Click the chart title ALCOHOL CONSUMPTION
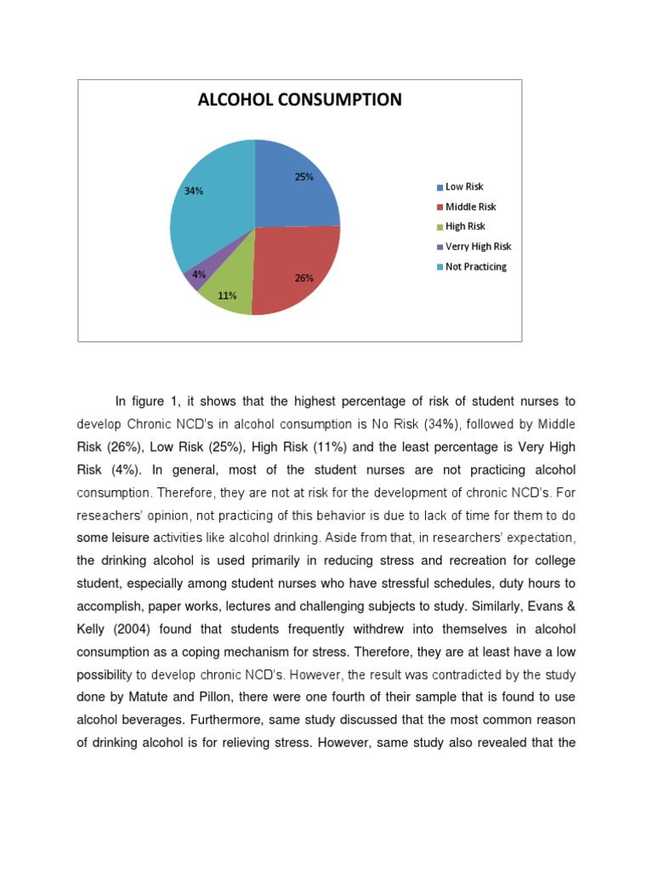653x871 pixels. point(299,100)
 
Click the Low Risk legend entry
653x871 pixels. point(463,187)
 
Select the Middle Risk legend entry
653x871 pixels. point(470,207)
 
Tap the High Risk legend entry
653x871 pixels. point(465,226)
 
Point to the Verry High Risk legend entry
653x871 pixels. point(478,247)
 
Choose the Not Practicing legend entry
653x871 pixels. point(475,266)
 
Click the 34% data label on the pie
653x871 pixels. point(194,191)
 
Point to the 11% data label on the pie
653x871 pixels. point(227,296)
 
